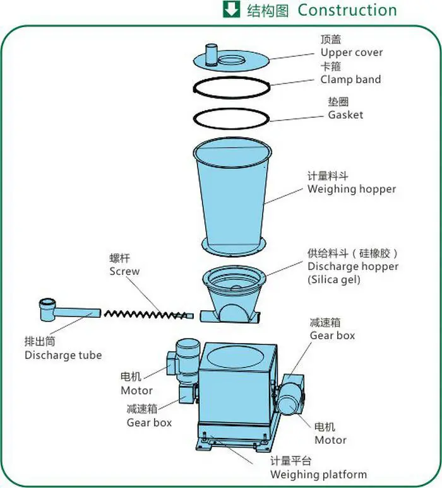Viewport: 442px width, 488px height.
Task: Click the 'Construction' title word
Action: click(347, 11)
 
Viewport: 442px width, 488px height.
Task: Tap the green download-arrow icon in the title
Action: click(231, 10)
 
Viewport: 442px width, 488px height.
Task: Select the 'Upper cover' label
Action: click(351, 52)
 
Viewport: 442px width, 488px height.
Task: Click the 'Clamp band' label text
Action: click(350, 79)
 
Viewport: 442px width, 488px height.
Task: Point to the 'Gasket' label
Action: click(345, 115)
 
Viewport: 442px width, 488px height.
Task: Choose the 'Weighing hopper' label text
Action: click(352, 189)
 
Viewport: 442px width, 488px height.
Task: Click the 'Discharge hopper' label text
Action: click(353, 266)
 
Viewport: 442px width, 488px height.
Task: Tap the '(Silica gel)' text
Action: click(334, 279)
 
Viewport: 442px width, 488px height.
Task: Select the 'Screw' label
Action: click(124, 271)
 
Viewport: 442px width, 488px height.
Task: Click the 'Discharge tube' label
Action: click(63, 355)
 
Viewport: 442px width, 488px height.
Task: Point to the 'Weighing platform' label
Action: click(318, 474)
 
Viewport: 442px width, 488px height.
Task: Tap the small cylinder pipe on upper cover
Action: click(212, 52)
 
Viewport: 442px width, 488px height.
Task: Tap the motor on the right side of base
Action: click(292, 394)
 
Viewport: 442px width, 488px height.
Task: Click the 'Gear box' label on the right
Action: click(332, 335)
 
